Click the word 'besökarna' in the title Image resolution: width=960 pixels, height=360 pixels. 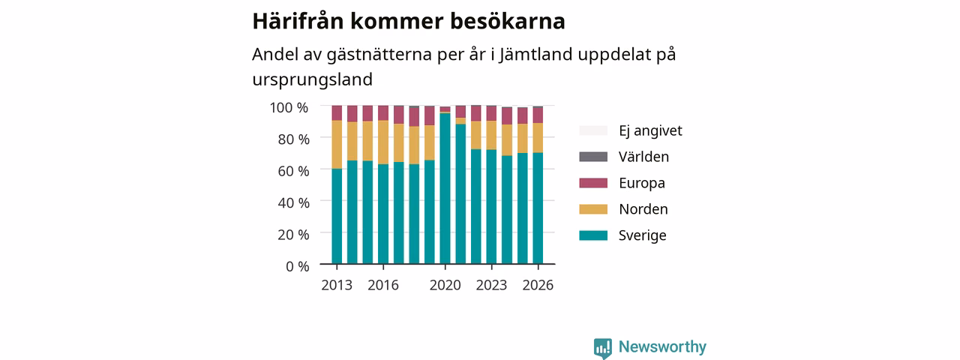click(508, 21)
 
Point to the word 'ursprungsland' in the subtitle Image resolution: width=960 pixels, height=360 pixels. click(313, 79)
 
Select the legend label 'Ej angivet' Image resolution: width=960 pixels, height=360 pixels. click(650, 130)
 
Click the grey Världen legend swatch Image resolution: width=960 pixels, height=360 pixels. click(593, 157)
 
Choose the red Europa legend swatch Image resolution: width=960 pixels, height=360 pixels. click(593, 183)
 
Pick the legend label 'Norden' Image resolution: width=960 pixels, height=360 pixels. click(643, 209)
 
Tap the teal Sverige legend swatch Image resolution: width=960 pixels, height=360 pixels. click(593, 235)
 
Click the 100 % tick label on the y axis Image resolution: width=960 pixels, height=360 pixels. click(289, 107)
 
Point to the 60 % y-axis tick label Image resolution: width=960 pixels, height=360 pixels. click(293, 171)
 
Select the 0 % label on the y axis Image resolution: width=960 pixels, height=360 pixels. click(298, 266)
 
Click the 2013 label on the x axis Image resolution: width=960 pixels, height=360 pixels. click(337, 285)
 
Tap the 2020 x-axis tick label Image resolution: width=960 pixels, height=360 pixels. click(445, 285)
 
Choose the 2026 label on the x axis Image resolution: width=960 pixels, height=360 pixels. click(538, 285)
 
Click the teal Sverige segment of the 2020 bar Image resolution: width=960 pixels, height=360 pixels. click(445, 188)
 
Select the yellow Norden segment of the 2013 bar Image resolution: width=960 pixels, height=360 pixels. click(337, 145)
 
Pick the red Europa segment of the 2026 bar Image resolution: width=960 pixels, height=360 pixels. click(538, 115)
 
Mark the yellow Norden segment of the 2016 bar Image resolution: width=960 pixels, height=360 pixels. click(383, 142)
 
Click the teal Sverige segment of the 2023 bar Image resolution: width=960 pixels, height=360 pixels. click(491, 206)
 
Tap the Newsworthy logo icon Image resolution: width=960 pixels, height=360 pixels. click(602, 347)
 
